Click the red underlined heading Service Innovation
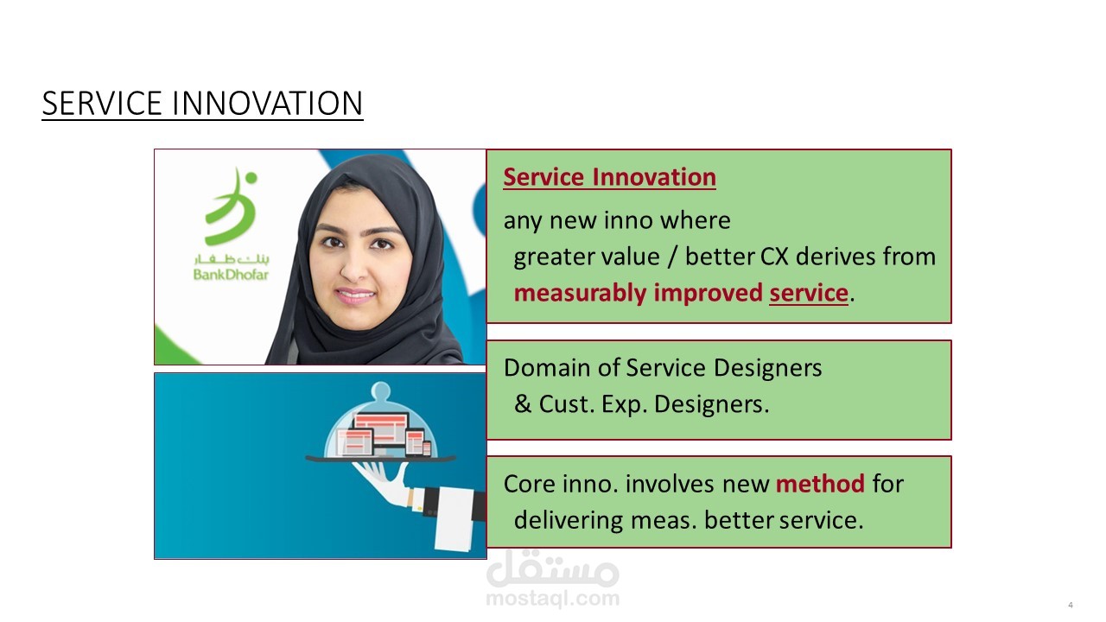(x=609, y=177)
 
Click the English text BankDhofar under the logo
(x=231, y=275)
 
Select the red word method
(x=820, y=483)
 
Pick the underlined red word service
(x=809, y=293)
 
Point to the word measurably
(x=580, y=294)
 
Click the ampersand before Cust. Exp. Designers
(x=523, y=403)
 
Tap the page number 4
(x=1071, y=605)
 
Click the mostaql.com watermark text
(x=553, y=599)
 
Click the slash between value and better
(x=672, y=257)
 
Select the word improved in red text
(x=708, y=294)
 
